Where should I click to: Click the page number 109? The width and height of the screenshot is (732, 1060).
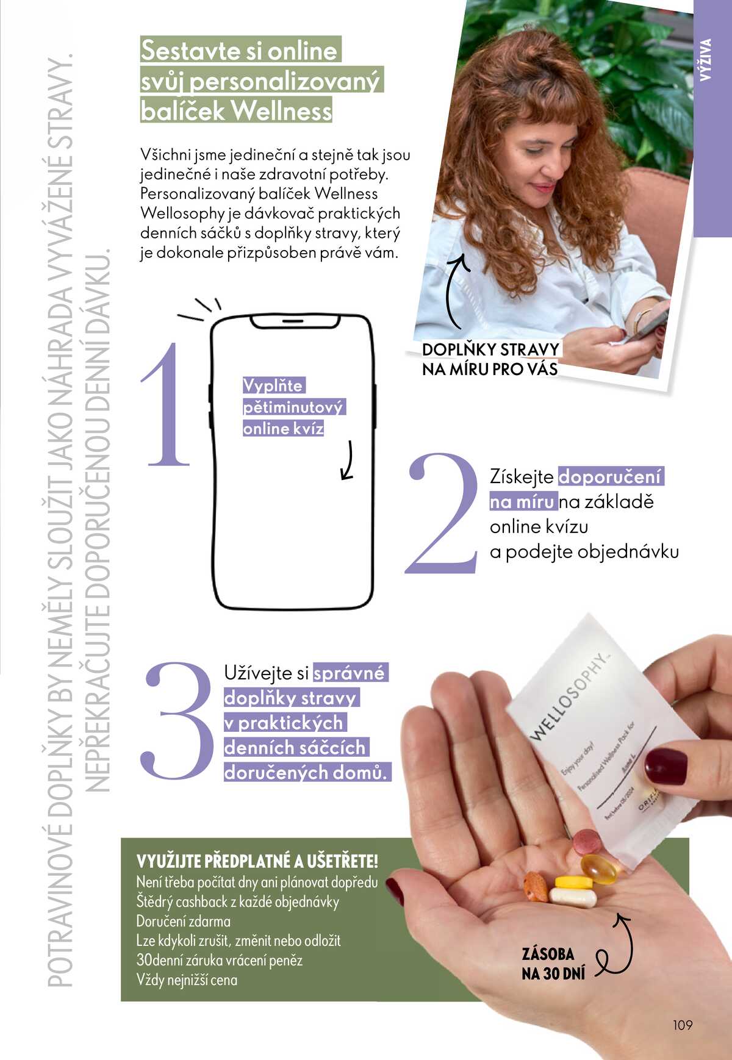683,1025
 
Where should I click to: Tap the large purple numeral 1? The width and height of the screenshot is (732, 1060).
166,406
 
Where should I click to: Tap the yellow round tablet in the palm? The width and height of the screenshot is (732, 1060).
573,882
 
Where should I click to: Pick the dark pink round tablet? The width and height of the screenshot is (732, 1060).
587,842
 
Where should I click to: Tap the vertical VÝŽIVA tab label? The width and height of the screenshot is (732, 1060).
706,60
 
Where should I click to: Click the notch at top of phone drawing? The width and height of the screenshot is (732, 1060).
293,320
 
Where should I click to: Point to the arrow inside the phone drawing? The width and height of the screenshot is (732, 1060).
348,460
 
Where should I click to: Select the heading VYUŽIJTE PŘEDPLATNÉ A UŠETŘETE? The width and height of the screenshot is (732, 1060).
257,861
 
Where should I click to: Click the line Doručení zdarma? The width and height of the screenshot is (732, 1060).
184,921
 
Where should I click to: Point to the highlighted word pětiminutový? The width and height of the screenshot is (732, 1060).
293,407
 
